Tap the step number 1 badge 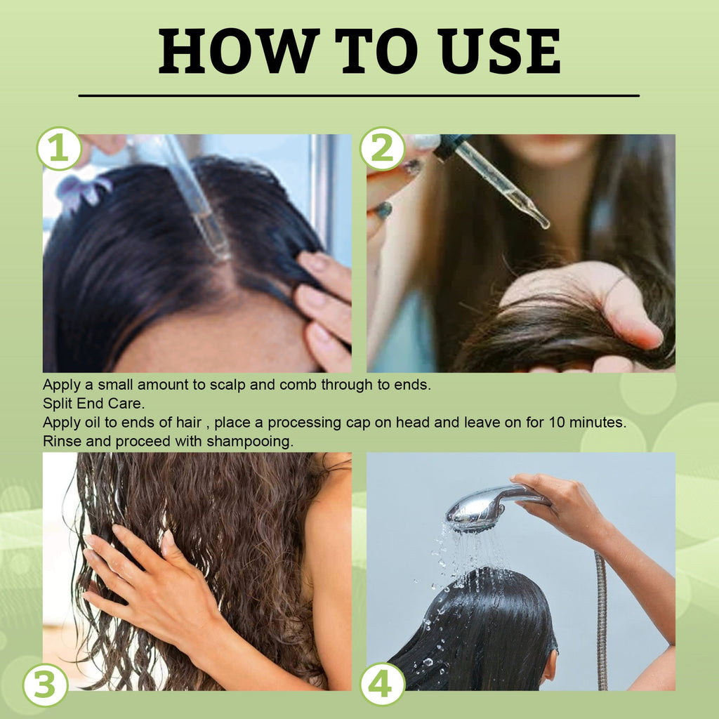pos(59,149)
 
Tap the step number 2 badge pos(383,149)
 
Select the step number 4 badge pos(383,685)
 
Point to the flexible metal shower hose pos(601,618)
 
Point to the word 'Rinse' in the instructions pos(61,442)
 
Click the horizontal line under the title pos(359,95)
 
